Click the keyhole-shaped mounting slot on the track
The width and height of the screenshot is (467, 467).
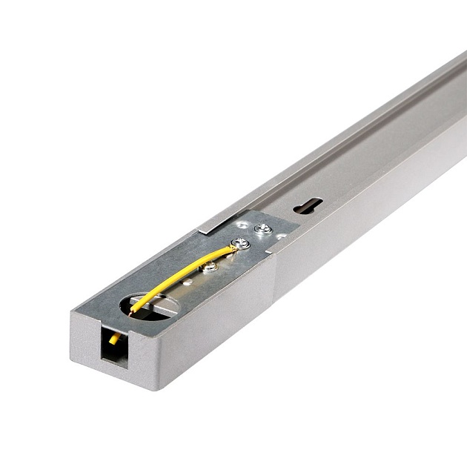pyautogui.click(x=307, y=205)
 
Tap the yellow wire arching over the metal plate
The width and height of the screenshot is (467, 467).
pyautogui.click(x=182, y=274)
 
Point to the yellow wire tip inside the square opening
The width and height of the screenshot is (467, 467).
pyautogui.click(x=114, y=339)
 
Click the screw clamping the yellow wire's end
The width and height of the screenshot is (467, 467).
pyautogui.click(x=239, y=243)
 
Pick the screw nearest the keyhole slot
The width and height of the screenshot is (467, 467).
pyautogui.click(x=262, y=228)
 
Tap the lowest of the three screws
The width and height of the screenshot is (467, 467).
pyautogui.click(x=210, y=266)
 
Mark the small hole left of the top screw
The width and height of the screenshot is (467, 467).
pyautogui.click(x=242, y=225)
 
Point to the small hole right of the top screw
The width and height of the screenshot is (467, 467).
pyautogui.click(x=282, y=236)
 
